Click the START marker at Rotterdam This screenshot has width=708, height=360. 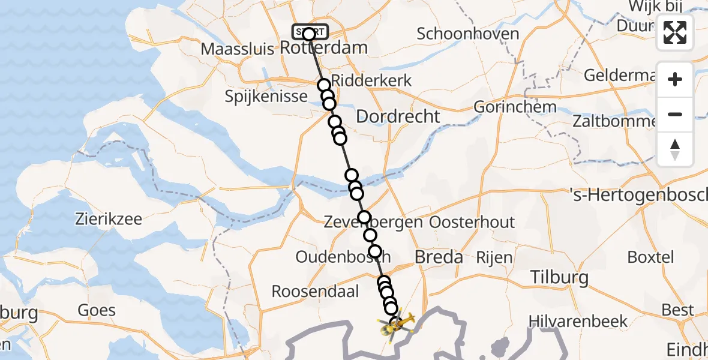pos(310,33)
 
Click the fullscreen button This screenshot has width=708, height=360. pos(675,33)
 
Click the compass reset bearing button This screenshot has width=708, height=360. pos(675,149)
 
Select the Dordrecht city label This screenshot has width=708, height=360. pos(398,116)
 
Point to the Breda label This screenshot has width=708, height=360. pos(439,257)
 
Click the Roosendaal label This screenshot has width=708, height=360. pos(315,292)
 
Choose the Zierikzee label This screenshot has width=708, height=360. pos(109,218)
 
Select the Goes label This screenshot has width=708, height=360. pos(97,310)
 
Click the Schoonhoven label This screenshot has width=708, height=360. pos(468,34)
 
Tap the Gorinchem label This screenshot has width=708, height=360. pos(514,107)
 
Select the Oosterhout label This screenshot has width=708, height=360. pos(472,222)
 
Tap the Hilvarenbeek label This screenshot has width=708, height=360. pos(578,321)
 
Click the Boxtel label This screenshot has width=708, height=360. pos(650,257)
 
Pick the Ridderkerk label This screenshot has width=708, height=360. pos(371,80)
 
